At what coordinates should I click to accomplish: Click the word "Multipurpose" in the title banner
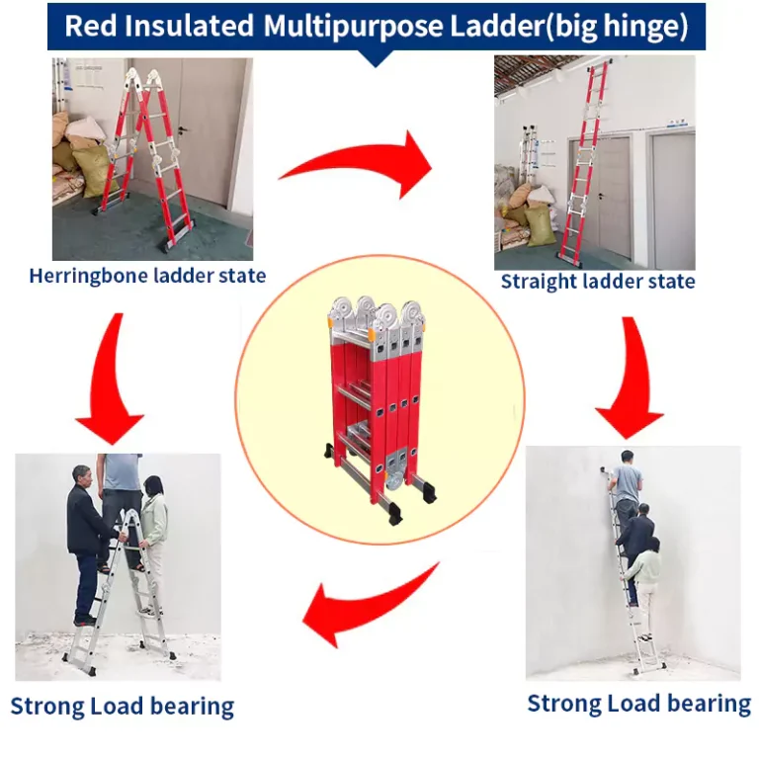353,26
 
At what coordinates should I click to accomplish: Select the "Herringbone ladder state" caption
147,276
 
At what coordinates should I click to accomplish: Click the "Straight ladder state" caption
598,282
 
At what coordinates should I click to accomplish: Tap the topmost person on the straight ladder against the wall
627,484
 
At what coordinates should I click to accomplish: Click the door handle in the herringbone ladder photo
182,130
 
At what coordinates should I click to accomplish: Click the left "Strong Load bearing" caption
122,707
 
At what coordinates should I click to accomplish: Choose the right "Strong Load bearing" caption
639,704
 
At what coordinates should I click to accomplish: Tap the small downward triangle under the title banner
376,58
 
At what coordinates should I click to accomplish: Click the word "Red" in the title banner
91,26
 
